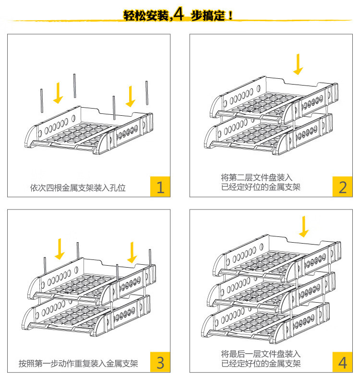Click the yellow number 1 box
160,186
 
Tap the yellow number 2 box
343,186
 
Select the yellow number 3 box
160,362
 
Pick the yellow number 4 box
343,362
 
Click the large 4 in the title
179,15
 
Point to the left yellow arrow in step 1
59,93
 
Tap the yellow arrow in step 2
299,64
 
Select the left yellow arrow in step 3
60,248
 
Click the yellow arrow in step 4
304,226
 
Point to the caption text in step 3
78,363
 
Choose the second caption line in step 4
261,363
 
